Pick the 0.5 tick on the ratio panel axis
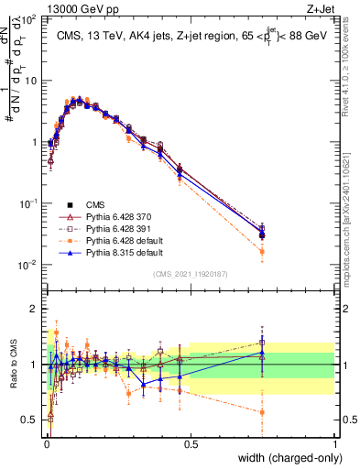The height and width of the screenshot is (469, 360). click(29, 421)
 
